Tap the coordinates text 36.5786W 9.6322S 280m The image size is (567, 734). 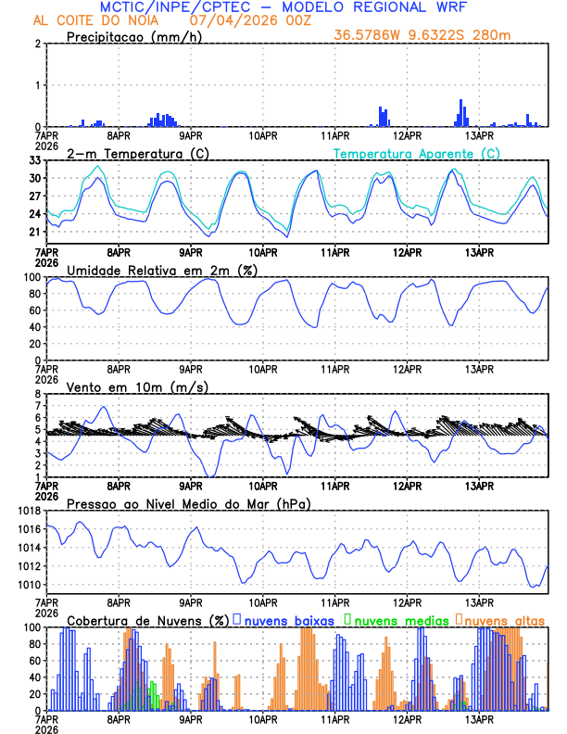[422, 35]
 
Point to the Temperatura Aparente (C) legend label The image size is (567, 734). [417, 153]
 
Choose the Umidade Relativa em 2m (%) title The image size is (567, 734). [160, 270]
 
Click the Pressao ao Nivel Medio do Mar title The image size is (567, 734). [188, 503]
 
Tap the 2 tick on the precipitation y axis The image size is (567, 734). [39, 44]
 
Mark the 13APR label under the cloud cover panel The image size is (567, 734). [478, 718]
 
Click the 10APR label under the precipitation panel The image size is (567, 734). [262, 134]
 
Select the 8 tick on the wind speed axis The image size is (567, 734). [39, 394]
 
